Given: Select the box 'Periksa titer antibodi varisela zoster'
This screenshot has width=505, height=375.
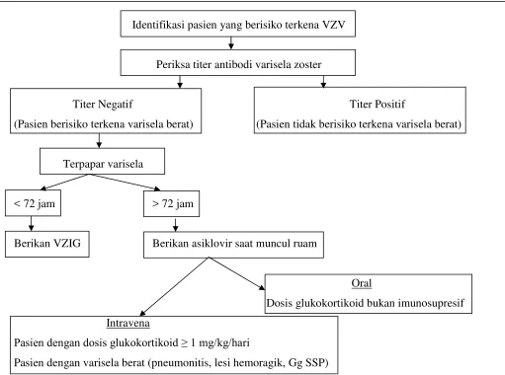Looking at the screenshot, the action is pyautogui.click(x=238, y=62).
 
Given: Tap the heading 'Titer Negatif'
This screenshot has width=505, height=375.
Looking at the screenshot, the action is pyautogui.click(x=103, y=105).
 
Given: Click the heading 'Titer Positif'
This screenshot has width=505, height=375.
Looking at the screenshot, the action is pyautogui.click(x=378, y=105).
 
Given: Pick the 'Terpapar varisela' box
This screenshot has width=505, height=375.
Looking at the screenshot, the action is pyautogui.click(x=102, y=161).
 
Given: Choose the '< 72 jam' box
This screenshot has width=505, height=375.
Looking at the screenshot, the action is pyautogui.click(x=33, y=203).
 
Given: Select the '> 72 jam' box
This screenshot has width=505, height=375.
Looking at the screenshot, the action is pyautogui.click(x=171, y=203).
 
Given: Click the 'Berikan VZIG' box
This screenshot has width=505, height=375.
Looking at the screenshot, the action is pyautogui.click(x=47, y=244).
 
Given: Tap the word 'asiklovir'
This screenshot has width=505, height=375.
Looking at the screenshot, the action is pyautogui.click(x=212, y=244).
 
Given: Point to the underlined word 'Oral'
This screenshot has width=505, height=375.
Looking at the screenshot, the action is pyautogui.click(x=362, y=283).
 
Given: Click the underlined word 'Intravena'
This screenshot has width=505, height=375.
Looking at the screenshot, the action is pyautogui.click(x=127, y=323).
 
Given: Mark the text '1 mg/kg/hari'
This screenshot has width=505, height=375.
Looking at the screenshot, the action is pyautogui.click(x=220, y=343).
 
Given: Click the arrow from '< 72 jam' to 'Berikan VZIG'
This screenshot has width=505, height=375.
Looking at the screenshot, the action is pyautogui.click(x=32, y=223).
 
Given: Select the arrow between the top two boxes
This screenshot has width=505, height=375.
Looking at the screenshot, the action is pyautogui.click(x=231, y=43).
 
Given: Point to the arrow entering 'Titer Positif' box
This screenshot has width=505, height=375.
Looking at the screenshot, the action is pyautogui.click(x=323, y=82).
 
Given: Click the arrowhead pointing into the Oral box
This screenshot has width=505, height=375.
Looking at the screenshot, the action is pyautogui.click(x=262, y=288).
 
